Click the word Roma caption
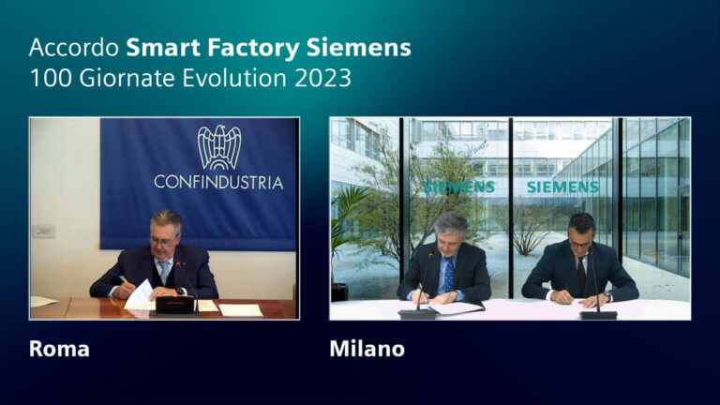point(59,350)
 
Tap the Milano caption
point(367,350)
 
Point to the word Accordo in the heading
point(73,47)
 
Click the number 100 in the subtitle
point(47,78)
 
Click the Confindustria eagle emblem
point(218,147)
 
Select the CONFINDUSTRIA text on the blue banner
point(218,182)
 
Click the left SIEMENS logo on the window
point(458,187)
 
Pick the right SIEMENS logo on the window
point(562,187)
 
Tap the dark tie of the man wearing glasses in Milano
point(581,273)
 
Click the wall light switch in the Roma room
point(43,231)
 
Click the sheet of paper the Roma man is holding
point(139,296)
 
